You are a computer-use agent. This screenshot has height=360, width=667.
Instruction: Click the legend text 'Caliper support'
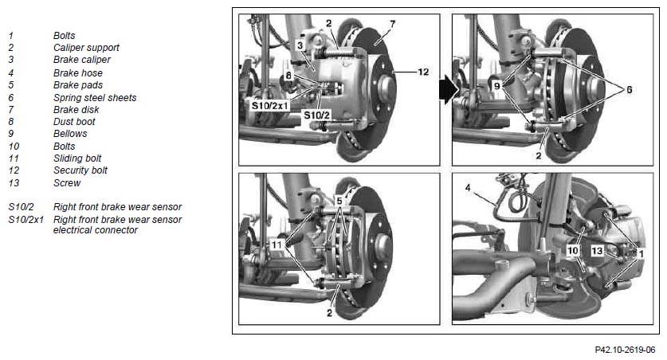pos(86,48)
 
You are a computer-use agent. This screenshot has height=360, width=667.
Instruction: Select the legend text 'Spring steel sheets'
pos(95,97)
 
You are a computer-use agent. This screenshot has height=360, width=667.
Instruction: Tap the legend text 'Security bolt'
pos(80,170)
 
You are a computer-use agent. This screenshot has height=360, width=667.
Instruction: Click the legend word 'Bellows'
pos(70,134)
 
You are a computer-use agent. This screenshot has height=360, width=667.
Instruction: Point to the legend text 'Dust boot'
pos(74,122)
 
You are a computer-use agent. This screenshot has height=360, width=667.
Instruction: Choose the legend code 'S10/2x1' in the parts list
pos(26,220)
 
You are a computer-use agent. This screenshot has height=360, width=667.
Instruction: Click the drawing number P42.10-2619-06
pos(625,350)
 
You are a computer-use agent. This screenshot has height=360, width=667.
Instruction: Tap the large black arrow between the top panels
pos(449,89)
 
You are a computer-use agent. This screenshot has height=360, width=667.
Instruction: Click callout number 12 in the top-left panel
pos(423,72)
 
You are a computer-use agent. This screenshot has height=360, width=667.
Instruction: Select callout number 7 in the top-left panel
pos(392,24)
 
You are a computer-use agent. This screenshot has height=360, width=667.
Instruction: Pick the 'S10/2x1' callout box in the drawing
pos(270,105)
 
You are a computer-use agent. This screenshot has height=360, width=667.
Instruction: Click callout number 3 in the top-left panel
pos(300,45)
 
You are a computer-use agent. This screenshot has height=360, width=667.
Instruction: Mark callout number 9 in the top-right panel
pos(496,86)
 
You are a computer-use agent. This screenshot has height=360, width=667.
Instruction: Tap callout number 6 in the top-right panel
pos(629,90)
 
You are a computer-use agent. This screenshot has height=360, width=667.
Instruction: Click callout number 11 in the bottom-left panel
pos(277,245)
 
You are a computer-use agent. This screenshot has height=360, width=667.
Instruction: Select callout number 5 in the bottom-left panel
pos(339,200)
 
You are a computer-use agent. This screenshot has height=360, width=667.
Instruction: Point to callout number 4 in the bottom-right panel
pos(468,187)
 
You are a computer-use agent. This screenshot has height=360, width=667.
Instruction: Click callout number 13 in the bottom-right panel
pos(597,251)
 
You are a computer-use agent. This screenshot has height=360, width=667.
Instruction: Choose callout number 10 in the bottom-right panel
pos(573,250)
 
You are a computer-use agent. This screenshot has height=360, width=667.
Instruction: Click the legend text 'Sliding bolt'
pos(77,158)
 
